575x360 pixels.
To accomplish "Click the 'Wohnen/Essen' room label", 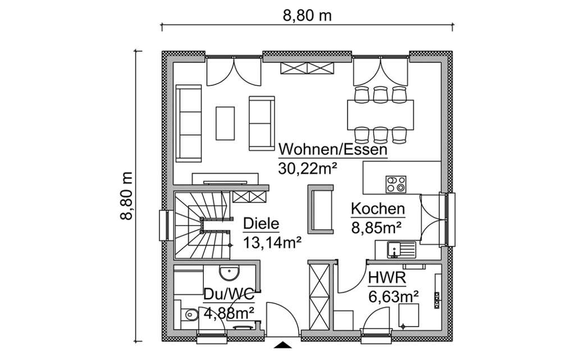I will tap(333, 150).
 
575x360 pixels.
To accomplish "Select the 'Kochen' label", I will tap(377, 209).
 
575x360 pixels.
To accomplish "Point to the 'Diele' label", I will tap(261, 224).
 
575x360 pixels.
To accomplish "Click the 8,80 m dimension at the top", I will tap(307, 16).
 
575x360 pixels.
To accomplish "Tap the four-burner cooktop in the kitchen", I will tap(396, 184).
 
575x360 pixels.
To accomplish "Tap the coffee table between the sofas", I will tap(226, 124).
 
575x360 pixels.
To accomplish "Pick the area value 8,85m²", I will tap(376, 227).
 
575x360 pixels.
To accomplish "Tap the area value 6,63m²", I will tap(393, 295).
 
